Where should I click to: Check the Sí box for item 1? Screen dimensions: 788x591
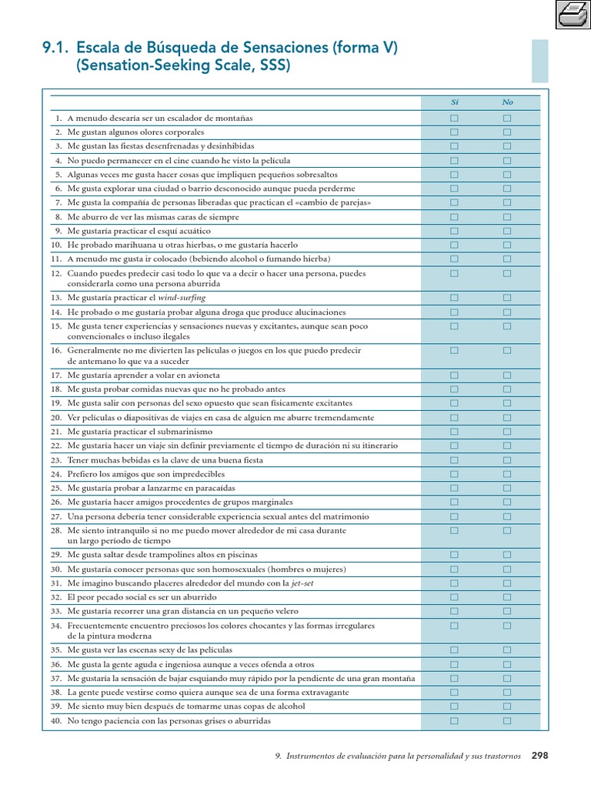tap(454, 119)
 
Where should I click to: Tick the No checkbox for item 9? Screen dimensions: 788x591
tap(507, 231)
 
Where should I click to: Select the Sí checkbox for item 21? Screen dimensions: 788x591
tap(454, 432)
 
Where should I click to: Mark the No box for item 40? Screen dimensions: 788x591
tap(507, 721)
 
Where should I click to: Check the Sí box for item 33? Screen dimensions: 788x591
tap(454, 611)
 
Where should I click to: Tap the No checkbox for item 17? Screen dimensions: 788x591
tap(507, 375)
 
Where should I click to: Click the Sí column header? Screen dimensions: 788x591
tap(454, 102)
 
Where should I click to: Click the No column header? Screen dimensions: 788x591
tap(507, 102)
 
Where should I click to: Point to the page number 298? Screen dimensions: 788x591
tap(539, 756)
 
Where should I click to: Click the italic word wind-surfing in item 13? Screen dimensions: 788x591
tap(182, 298)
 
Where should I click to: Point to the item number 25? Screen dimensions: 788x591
tap(55, 489)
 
